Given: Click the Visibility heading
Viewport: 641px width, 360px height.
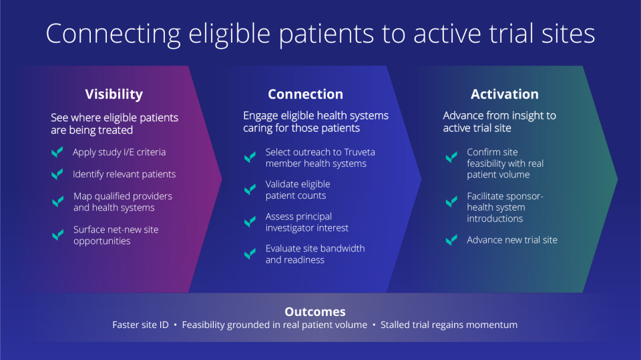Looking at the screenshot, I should click(x=114, y=94).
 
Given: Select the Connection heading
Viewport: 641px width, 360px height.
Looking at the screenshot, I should click(x=305, y=94).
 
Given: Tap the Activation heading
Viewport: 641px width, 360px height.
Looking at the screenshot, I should click(x=504, y=94).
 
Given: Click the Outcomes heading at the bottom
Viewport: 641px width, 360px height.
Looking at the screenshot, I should click(x=315, y=311).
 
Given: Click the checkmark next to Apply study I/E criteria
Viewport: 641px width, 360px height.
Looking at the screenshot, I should click(x=57, y=153).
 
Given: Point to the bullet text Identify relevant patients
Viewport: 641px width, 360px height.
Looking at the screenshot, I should click(x=124, y=174).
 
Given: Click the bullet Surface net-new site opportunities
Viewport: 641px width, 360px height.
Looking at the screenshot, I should click(x=116, y=235).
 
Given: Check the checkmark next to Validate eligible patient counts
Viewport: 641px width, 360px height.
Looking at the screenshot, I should click(x=250, y=189).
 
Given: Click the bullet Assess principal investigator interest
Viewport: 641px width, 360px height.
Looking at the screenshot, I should click(x=306, y=222).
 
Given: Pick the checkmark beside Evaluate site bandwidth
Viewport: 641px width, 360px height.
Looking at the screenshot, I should click(x=250, y=253).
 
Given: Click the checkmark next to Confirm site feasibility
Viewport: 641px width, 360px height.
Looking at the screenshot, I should click(x=451, y=157).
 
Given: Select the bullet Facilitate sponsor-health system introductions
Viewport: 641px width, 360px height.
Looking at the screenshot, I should click(x=505, y=208).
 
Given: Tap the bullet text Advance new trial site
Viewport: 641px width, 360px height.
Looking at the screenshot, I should click(x=511, y=240).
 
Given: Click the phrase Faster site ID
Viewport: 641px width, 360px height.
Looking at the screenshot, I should click(x=140, y=325).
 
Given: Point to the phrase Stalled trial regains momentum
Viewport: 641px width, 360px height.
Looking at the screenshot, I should click(x=449, y=325).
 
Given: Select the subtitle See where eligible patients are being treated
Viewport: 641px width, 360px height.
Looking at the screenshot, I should click(x=114, y=123).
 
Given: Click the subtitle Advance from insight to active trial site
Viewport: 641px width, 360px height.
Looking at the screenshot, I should click(x=499, y=121).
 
